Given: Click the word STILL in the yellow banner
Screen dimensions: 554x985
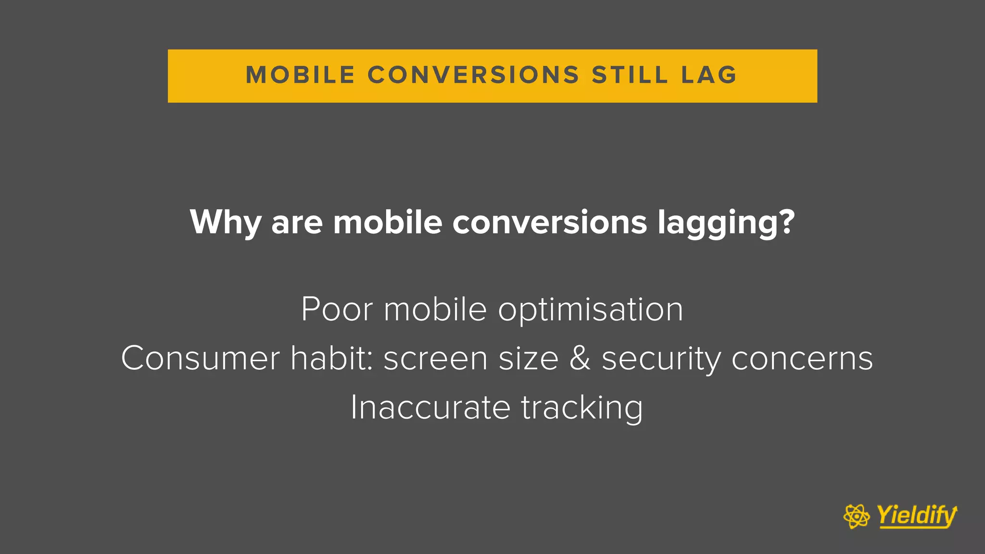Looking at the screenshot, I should [x=630, y=75].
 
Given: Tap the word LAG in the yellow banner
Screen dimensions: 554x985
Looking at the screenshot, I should [x=709, y=75].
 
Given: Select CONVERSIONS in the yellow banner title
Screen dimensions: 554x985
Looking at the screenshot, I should [x=473, y=75].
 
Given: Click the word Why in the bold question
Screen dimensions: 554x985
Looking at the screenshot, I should [x=225, y=222].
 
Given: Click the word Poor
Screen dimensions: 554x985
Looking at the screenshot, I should [x=337, y=309].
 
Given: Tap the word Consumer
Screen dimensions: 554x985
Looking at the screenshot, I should [x=200, y=358].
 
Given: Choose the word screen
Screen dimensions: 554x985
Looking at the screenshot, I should [x=435, y=359].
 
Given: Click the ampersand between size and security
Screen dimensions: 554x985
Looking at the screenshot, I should [x=580, y=358].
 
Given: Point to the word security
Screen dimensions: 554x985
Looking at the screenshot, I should [x=661, y=359].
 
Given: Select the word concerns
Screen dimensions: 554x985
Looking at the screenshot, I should [x=802, y=359].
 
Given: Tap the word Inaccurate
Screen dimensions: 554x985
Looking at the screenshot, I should [x=430, y=407].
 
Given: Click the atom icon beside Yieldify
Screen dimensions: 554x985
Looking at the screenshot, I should [x=857, y=516].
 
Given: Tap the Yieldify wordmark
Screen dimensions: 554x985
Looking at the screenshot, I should [x=917, y=516].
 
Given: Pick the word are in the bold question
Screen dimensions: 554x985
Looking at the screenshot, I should [x=297, y=223].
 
